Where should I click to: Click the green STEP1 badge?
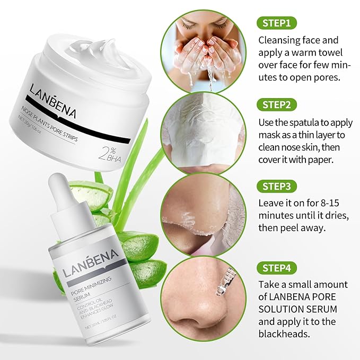tap(276, 23)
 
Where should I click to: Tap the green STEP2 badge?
tap(277, 104)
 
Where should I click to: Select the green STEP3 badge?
tap(277, 186)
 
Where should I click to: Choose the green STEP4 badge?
tap(277, 268)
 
